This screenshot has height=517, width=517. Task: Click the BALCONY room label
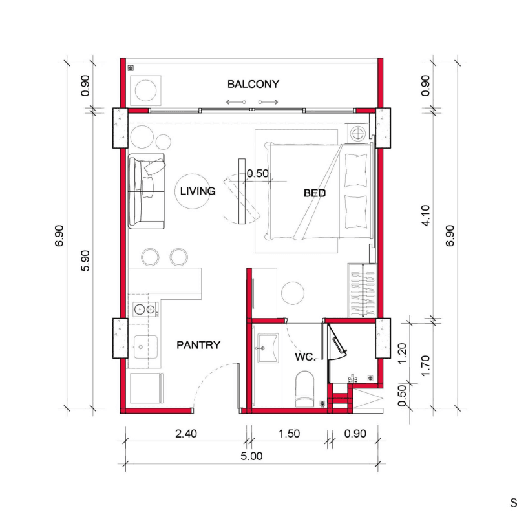253,84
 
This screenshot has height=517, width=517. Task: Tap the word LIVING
198,191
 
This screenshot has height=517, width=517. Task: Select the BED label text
315,193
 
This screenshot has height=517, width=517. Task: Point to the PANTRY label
198,345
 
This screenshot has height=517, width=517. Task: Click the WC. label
305,357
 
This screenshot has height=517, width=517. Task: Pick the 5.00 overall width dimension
251,456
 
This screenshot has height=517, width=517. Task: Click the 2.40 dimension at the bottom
186,434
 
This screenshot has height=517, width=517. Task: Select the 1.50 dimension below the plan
289,434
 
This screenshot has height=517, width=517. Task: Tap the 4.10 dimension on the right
426,215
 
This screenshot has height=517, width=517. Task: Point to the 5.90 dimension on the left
85,260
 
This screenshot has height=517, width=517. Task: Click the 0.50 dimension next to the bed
257,173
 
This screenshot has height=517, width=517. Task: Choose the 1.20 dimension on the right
402,353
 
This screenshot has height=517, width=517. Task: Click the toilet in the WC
304,390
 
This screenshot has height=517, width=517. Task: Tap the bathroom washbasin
268,348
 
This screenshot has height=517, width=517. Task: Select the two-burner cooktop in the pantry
145,310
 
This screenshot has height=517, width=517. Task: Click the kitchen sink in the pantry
145,347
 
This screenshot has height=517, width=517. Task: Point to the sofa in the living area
146,191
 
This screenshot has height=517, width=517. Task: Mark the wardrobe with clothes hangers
363,290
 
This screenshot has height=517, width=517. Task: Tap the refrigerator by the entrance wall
147,388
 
